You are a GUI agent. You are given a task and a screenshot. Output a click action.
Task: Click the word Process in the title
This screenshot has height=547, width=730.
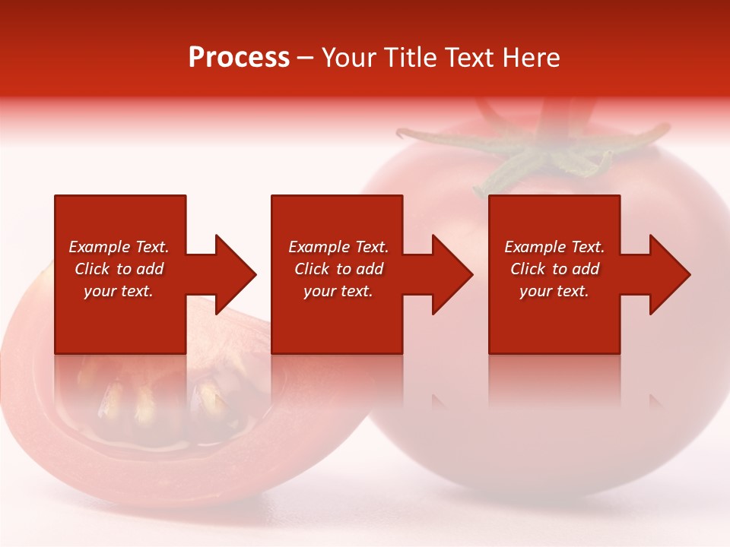tap(239, 58)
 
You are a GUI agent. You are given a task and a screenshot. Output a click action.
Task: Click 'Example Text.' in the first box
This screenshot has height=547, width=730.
tap(119, 247)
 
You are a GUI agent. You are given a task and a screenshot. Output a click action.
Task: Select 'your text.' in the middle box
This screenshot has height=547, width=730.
tap(338, 291)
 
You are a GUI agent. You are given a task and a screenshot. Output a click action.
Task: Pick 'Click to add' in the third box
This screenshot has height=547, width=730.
tap(554, 269)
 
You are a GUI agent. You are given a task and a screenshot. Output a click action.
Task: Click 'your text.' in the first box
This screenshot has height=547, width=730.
tap(119, 291)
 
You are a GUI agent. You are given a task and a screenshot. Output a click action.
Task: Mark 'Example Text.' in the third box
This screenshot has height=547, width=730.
tap(554, 247)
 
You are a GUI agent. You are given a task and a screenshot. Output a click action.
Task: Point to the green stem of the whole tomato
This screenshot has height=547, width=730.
tap(532, 156)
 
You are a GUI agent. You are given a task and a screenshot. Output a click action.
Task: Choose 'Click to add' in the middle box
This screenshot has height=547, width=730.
tap(338, 269)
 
